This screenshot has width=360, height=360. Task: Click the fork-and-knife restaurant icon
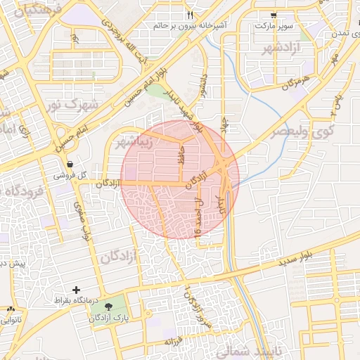(191, 15)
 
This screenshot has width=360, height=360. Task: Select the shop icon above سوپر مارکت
(274, 15)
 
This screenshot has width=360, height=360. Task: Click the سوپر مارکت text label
(274, 25)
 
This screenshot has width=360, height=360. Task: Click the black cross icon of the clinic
(76, 290)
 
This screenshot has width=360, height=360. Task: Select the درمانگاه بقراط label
(77, 301)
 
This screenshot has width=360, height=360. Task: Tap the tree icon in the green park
(108, 307)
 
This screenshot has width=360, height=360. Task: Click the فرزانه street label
(174, 342)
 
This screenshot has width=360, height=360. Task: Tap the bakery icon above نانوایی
(11, 309)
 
